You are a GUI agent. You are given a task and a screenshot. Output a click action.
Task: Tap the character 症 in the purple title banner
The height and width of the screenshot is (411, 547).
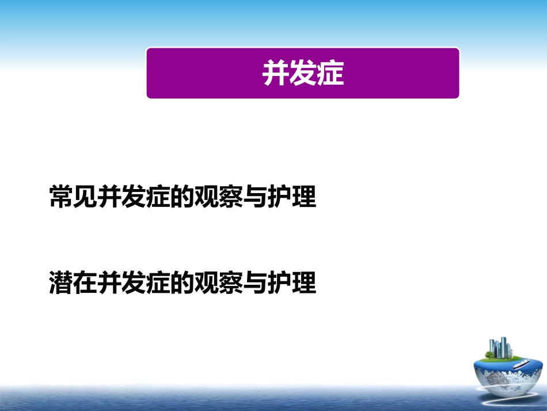[330, 73]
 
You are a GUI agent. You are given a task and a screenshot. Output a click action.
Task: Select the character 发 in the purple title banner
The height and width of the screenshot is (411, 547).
[303, 73]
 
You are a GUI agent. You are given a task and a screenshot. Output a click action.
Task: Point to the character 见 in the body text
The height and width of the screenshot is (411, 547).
[86, 197]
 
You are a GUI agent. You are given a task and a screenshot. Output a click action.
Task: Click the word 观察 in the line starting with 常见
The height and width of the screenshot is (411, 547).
[219, 197]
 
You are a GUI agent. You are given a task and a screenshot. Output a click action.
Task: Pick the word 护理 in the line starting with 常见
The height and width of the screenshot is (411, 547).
[292, 197]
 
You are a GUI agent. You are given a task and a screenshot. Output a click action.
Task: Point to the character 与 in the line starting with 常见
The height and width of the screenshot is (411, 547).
[256, 197]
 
